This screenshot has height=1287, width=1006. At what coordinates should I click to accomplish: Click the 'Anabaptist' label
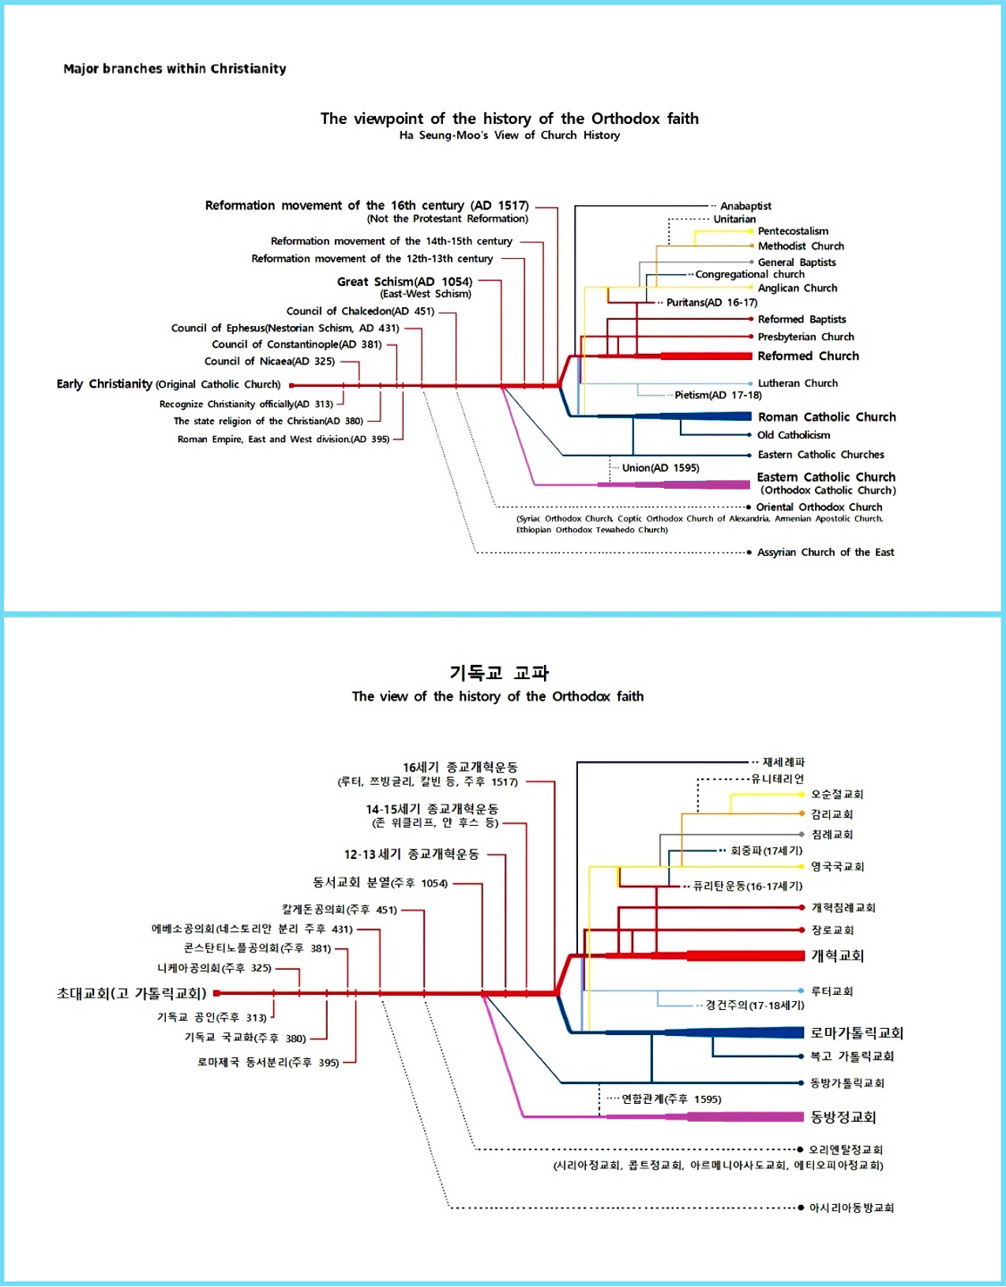point(745,206)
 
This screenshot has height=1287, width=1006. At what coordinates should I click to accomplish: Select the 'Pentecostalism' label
point(793,231)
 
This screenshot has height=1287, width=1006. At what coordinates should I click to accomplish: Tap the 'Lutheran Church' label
point(798,383)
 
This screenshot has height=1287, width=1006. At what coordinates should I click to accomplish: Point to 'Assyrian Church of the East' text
point(825,553)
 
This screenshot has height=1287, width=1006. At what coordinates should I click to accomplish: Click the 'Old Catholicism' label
point(794,435)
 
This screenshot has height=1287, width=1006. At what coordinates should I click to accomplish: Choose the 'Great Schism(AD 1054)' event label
point(404,282)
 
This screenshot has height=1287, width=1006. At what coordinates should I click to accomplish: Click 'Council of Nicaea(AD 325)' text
point(269,362)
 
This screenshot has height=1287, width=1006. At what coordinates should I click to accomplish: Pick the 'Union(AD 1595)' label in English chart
point(660,468)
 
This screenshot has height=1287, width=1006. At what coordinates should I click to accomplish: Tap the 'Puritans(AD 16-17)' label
point(711,302)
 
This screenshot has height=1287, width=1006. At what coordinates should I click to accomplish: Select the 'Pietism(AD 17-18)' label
point(718,396)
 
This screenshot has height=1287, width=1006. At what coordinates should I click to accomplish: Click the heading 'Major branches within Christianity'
point(175,69)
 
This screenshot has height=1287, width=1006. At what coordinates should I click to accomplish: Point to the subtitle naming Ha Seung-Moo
point(509,136)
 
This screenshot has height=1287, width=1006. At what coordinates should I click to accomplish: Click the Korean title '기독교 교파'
point(499,673)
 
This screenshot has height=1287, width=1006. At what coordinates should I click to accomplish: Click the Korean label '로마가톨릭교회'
point(857,1033)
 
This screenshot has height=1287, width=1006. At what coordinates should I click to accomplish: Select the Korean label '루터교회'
point(832,991)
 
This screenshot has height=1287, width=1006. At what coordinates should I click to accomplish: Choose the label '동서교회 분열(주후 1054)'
point(380,883)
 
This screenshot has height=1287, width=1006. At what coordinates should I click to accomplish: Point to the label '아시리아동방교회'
point(851,1208)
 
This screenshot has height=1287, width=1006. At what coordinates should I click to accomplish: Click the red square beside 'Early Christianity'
point(291,385)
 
